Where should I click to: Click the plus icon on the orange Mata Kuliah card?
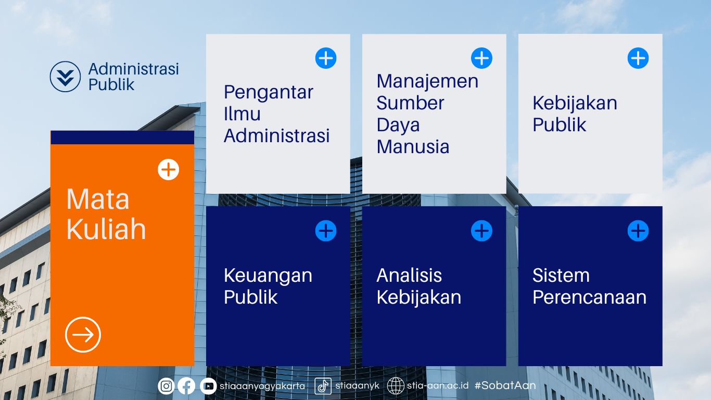(x=168, y=169)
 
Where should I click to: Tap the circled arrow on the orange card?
(x=83, y=334)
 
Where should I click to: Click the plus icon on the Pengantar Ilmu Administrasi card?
(x=326, y=58)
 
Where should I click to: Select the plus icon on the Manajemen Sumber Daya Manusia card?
(x=481, y=58)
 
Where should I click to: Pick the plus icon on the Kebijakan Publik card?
(x=638, y=58)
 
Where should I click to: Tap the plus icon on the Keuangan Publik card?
(x=326, y=231)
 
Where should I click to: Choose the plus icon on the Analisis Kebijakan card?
(x=481, y=231)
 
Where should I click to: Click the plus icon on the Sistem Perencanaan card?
(x=638, y=231)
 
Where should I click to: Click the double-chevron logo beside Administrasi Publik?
(x=65, y=77)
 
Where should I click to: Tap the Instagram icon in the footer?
(x=166, y=386)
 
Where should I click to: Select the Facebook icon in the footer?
(x=186, y=386)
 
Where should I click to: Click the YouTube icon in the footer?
(x=208, y=386)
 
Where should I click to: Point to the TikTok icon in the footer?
(x=323, y=386)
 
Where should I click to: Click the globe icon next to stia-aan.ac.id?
(x=396, y=386)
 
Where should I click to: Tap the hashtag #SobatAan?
(x=505, y=385)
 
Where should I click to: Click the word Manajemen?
(x=427, y=82)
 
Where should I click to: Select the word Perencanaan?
(x=589, y=297)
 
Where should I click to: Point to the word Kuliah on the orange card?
(x=106, y=229)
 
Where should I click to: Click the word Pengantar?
(x=269, y=93)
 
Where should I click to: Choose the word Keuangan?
(x=268, y=276)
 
